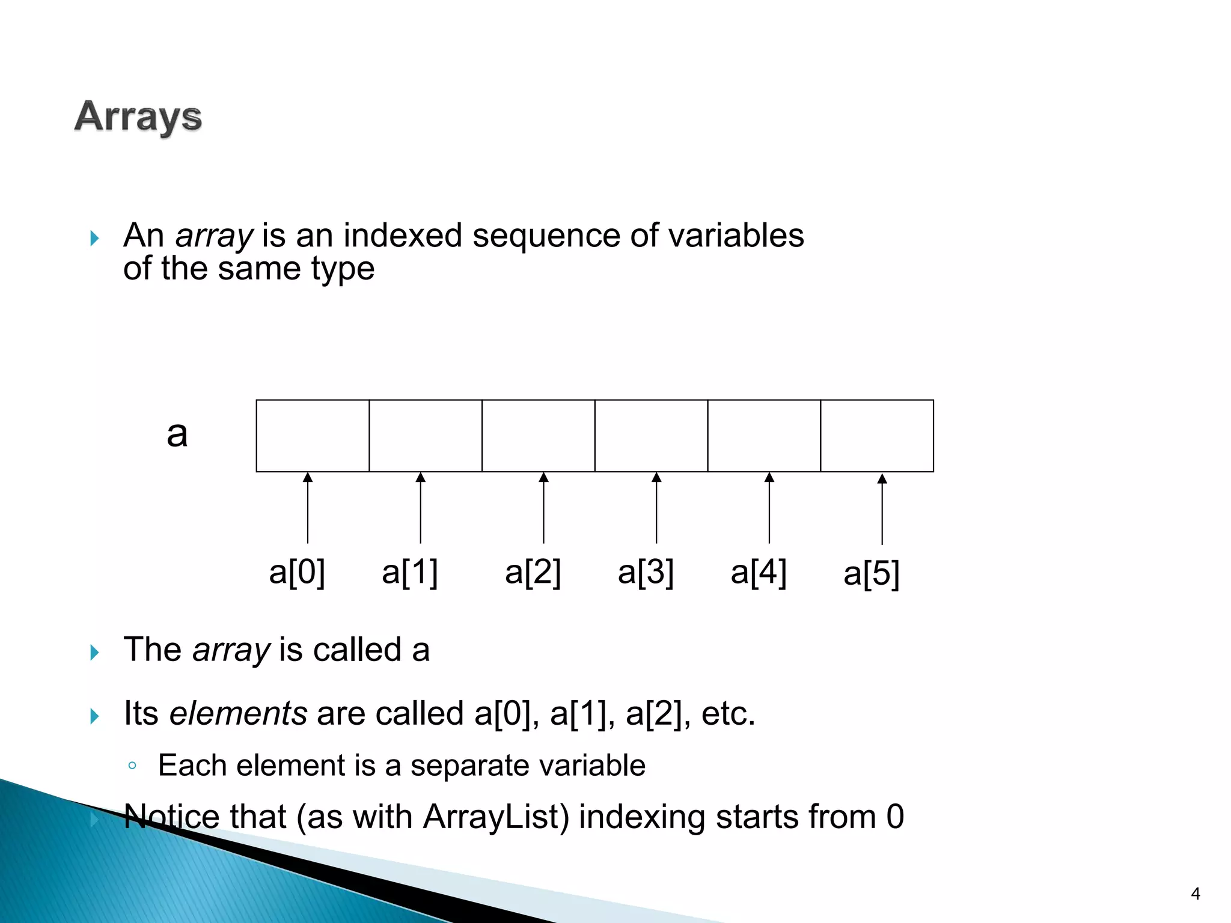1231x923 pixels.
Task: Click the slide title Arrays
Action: point(138,117)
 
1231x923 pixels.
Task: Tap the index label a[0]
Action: point(297,571)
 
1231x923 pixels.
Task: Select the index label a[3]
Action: point(646,571)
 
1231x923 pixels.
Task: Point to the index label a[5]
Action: point(871,573)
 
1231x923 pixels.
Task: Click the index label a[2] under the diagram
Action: point(533,571)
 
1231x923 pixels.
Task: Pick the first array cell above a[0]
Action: point(313,436)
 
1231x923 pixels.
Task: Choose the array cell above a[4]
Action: point(764,436)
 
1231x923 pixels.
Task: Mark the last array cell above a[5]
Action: point(877,436)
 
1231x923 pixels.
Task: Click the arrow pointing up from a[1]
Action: point(421,508)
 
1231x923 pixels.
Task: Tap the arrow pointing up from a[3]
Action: point(656,508)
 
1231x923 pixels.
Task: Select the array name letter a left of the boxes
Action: point(177,434)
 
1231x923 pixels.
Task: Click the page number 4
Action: point(1196,894)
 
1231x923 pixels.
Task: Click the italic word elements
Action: point(239,713)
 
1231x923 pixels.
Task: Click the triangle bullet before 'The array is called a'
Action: point(94,652)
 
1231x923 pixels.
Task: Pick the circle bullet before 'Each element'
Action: point(132,766)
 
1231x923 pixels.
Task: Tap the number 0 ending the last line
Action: point(895,817)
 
